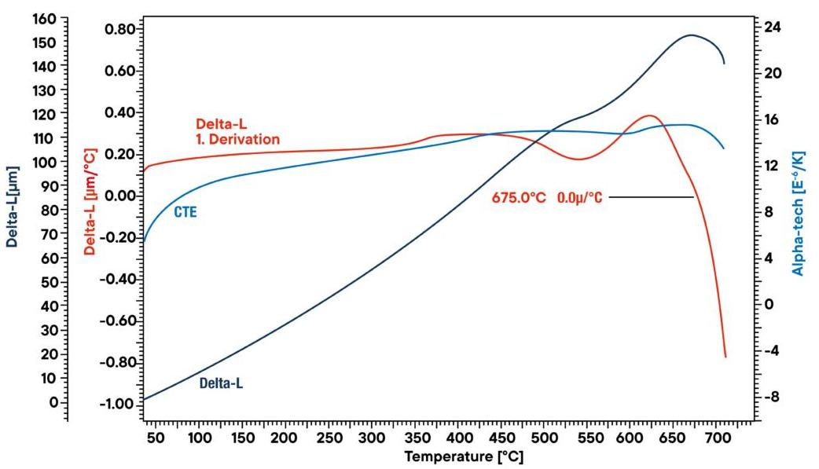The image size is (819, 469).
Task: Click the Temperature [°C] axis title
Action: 464,456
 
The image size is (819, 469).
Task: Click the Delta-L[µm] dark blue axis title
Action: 12,206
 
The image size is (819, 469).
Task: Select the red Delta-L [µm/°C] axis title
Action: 90,202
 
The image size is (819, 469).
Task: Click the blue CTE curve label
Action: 184,212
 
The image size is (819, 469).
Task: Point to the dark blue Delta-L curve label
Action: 221,383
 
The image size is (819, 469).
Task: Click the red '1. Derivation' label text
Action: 237,139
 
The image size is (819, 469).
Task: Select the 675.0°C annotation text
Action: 519,198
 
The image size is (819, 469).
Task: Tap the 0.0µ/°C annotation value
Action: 580,198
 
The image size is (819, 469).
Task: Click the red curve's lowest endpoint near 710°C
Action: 725,357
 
